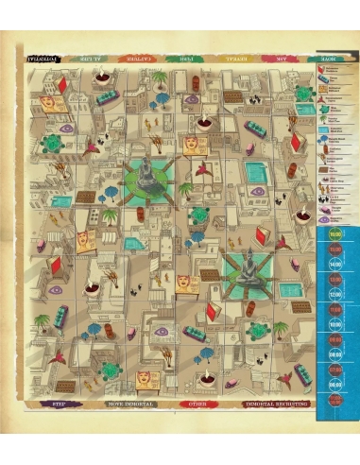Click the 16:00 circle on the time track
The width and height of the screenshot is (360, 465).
334,233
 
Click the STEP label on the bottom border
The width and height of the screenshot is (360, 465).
56,405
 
